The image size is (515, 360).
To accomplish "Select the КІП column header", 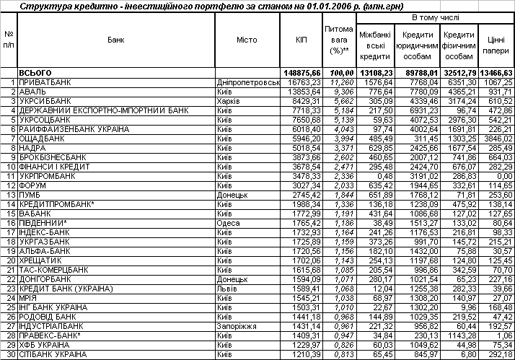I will click(x=301, y=40).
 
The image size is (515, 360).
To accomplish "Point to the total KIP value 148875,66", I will click(x=301, y=74).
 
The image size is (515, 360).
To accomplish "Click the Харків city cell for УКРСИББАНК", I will click(x=230, y=102).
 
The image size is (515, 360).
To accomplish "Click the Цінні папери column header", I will click(x=496, y=43).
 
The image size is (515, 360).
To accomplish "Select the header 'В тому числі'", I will click(x=434, y=16).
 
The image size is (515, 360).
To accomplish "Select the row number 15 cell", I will click(x=9, y=214).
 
